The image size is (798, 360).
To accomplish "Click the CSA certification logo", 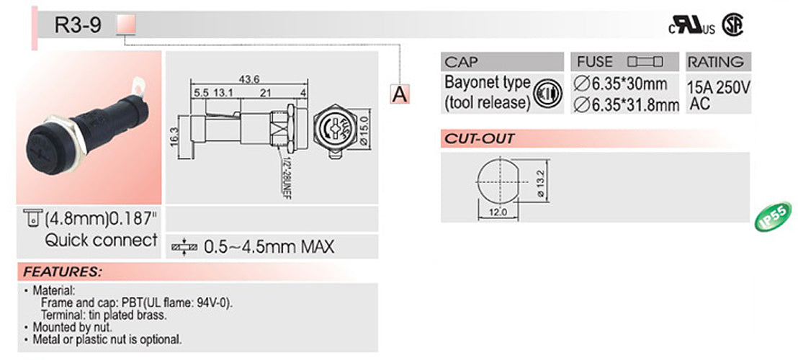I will click(733, 25).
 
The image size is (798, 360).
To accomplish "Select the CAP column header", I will click(462, 62).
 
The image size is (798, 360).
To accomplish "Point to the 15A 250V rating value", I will click(719, 88).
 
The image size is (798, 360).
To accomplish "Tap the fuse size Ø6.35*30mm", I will click(624, 84).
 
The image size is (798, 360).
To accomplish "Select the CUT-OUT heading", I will click(479, 139).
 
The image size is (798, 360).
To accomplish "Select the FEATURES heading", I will click(61, 273).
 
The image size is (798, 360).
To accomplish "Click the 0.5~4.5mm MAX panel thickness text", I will click(269, 247).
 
